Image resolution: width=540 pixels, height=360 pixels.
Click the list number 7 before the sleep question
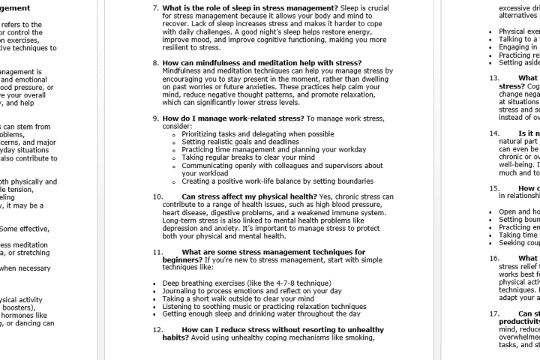(x=155, y=8)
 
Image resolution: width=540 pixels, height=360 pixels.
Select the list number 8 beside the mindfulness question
(x=155, y=62)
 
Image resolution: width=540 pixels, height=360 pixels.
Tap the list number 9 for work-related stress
(x=155, y=118)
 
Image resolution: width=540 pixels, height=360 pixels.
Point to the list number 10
(x=157, y=196)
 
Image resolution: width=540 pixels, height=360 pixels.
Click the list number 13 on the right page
(x=494, y=78)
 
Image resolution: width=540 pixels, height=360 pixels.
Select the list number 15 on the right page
(x=494, y=188)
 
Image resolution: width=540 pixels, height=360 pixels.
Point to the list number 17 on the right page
(x=494, y=313)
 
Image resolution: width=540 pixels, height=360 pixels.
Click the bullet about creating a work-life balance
(x=277, y=181)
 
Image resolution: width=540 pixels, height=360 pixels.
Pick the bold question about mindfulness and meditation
(x=262, y=62)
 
